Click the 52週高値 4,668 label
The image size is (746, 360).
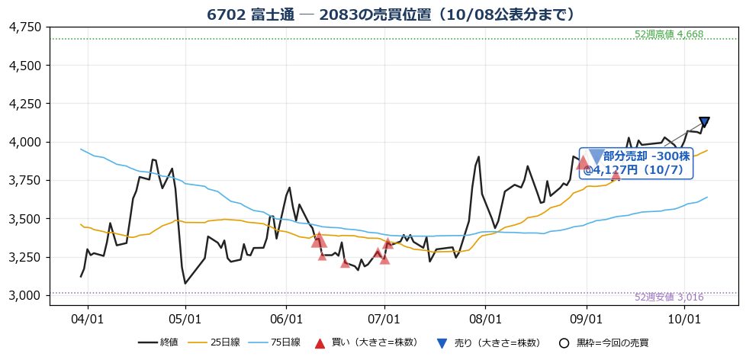[668, 34]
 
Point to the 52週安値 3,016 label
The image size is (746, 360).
[668, 297]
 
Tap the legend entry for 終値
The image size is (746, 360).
[158, 342]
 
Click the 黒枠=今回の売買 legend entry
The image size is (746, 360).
[604, 342]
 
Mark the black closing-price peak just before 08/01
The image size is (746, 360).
[478, 156]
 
